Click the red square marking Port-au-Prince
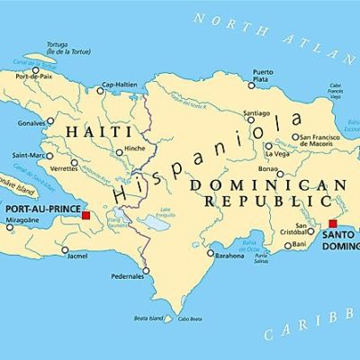point(85,215)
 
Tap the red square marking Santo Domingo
point(332,224)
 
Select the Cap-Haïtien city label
point(119,85)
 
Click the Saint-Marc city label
point(27,157)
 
